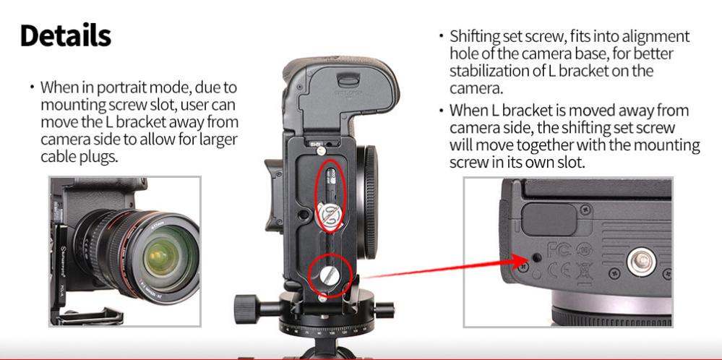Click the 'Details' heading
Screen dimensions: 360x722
[66, 35]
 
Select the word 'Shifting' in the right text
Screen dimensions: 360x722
[477, 36]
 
